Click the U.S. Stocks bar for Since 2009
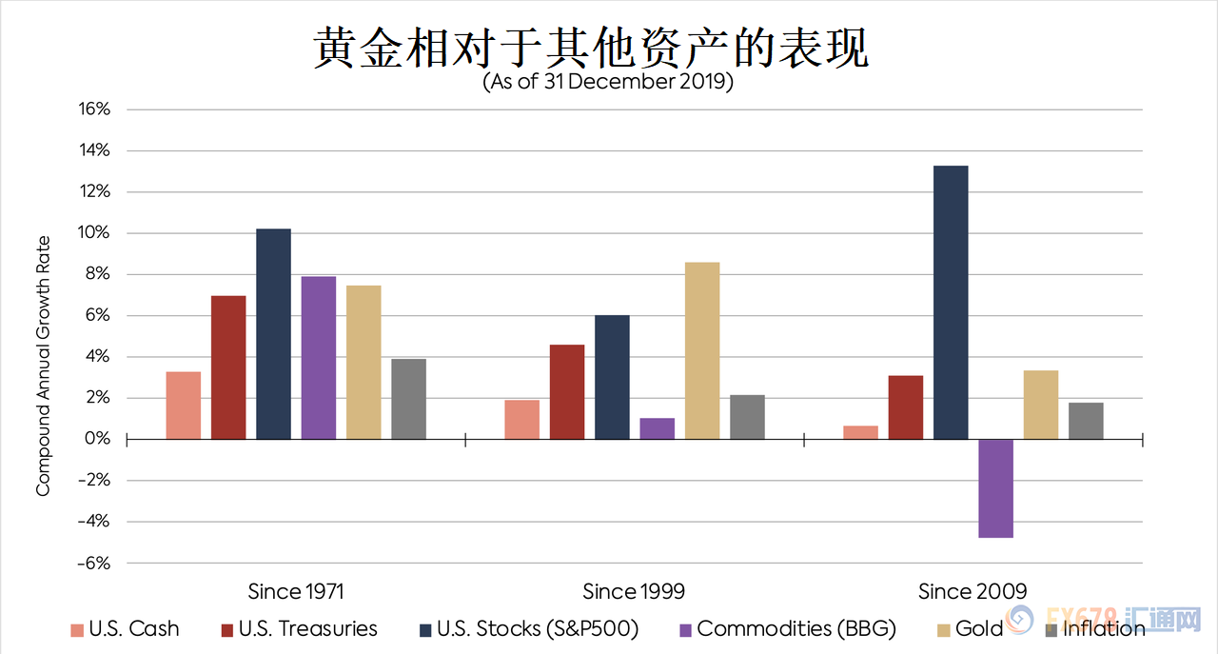click(x=950, y=302)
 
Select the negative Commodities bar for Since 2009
click(x=995, y=488)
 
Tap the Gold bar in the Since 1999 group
click(x=702, y=350)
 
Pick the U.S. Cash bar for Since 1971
click(x=183, y=406)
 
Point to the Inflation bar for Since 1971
click(x=408, y=399)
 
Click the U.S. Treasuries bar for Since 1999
click(x=567, y=391)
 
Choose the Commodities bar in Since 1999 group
click(x=657, y=428)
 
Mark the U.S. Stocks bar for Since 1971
click(x=273, y=333)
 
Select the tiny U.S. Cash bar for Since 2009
click(x=860, y=432)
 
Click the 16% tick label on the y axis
click(x=95, y=109)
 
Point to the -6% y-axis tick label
click(x=93, y=563)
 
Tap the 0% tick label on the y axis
click(x=99, y=439)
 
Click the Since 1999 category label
click(x=634, y=591)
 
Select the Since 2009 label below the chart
click(x=972, y=591)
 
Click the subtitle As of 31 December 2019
click(x=608, y=82)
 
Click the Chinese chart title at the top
click(x=591, y=46)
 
